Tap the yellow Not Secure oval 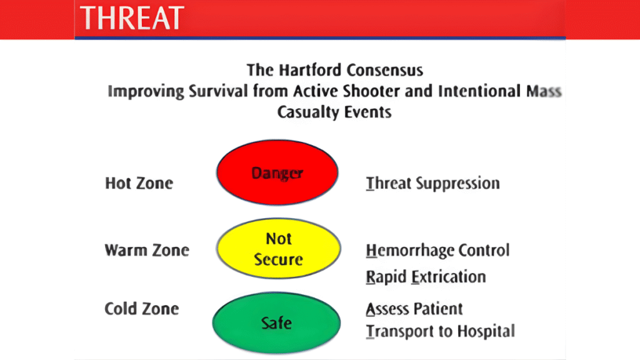[x=278, y=249]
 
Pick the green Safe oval [x=277, y=322]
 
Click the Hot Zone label [x=139, y=183]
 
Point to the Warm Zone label [x=146, y=251]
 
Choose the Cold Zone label [x=142, y=309]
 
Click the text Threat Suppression [x=432, y=183]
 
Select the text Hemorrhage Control [x=437, y=251]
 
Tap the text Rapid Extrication [x=426, y=277]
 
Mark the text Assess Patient [x=414, y=309]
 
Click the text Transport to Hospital [x=440, y=331]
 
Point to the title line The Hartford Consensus [x=334, y=69]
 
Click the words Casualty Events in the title [x=334, y=112]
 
